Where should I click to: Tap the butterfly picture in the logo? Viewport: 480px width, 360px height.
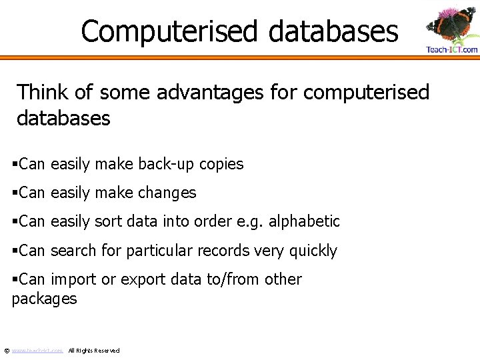tap(451, 24)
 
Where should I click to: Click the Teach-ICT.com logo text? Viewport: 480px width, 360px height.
tap(452, 49)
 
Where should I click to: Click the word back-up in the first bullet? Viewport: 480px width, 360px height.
tap(169, 164)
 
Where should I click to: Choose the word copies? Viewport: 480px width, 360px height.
tap(222, 164)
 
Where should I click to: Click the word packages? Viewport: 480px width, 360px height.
tap(44, 299)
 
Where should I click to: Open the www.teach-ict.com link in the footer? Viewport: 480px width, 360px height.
tap(37, 350)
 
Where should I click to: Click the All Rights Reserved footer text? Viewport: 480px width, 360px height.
tap(94, 350)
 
